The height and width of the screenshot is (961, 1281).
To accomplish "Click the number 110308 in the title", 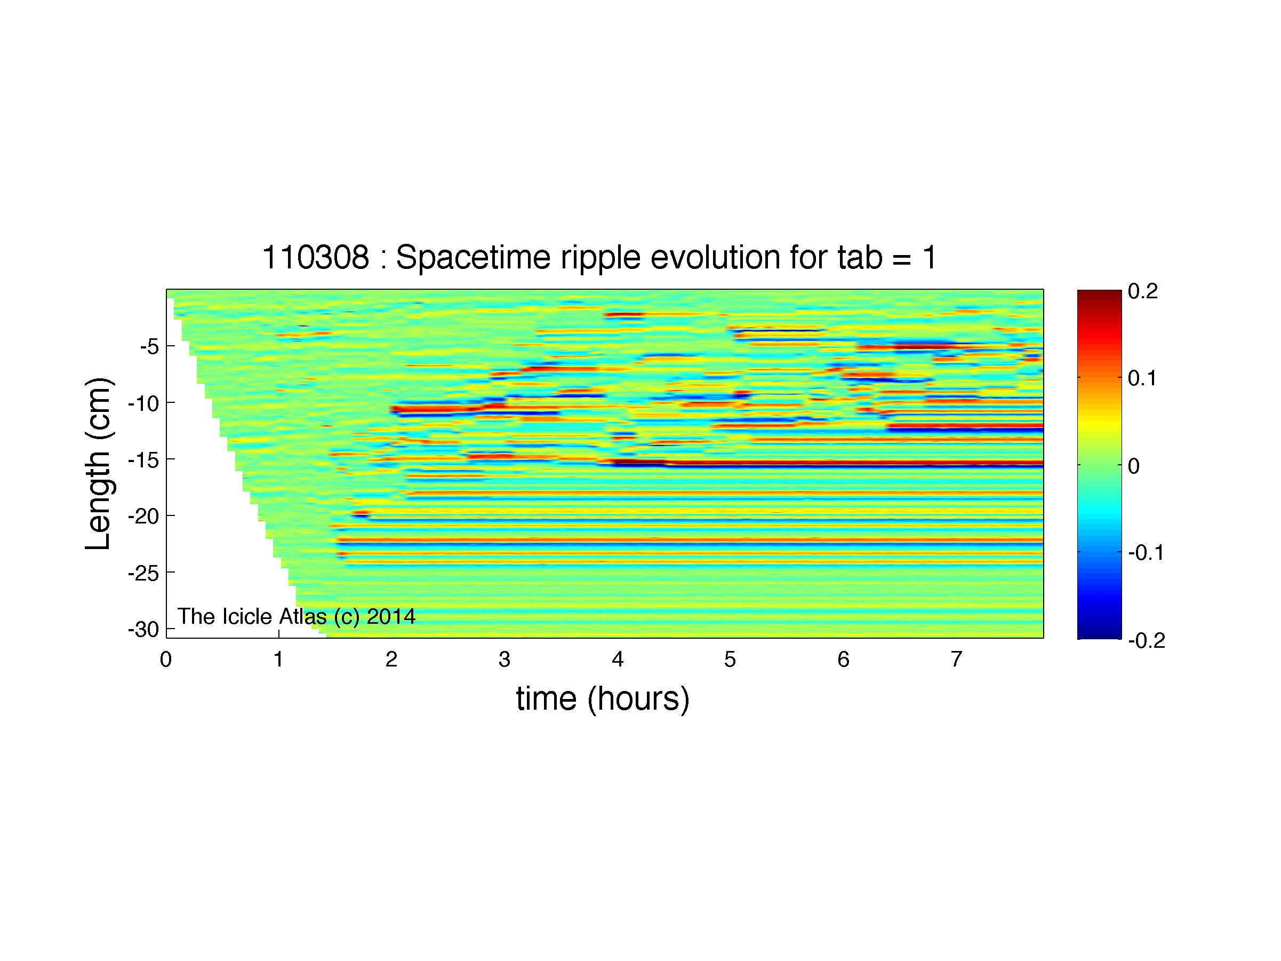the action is point(316,257).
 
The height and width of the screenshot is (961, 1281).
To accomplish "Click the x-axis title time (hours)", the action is point(603,698).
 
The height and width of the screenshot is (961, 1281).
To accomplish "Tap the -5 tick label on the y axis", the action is point(149,347).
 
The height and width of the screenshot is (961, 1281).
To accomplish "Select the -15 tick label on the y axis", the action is point(143,460).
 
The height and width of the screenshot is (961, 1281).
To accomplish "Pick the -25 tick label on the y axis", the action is point(143,573).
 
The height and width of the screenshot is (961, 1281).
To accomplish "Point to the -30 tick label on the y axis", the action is point(143,630).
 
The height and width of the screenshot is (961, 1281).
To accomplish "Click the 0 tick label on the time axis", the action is point(166,660).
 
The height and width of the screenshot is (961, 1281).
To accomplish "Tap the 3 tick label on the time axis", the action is point(505,660).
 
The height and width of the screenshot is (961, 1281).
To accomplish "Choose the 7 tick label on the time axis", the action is point(956,660).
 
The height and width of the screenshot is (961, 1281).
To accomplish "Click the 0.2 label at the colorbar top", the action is point(1142,291).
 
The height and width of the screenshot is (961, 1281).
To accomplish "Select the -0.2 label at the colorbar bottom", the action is point(1146,641).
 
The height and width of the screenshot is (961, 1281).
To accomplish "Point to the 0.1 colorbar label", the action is point(1142,379).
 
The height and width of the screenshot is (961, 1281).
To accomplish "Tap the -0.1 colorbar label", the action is point(1146,553).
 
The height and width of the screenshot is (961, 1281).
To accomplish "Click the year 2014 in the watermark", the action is point(391,616).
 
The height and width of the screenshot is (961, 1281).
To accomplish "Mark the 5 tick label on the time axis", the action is point(730,660).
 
